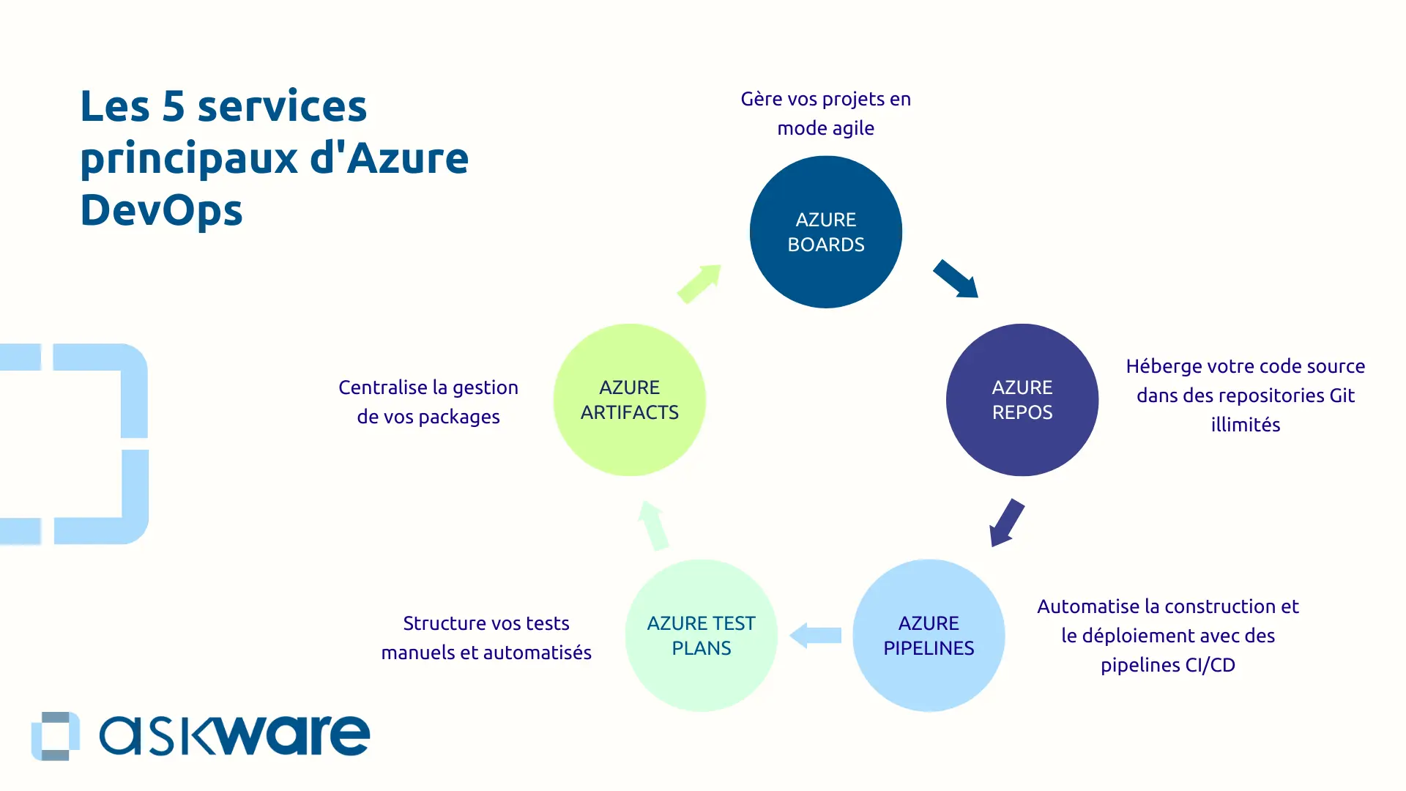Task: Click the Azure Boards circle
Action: (x=826, y=232)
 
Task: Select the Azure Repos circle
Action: (x=1022, y=400)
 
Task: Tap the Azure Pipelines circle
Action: (x=929, y=636)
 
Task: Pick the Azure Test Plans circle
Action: (x=702, y=636)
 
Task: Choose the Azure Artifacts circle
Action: (x=630, y=400)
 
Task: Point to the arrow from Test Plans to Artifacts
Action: (x=653, y=525)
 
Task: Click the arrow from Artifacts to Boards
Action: (x=699, y=284)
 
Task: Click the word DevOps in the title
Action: (x=161, y=210)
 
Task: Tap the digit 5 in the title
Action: (x=174, y=107)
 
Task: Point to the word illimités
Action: (x=1246, y=425)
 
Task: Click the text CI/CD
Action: (x=1210, y=665)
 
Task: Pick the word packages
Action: (x=459, y=417)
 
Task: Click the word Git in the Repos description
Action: (x=1342, y=395)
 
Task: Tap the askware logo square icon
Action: (x=55, y=735)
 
